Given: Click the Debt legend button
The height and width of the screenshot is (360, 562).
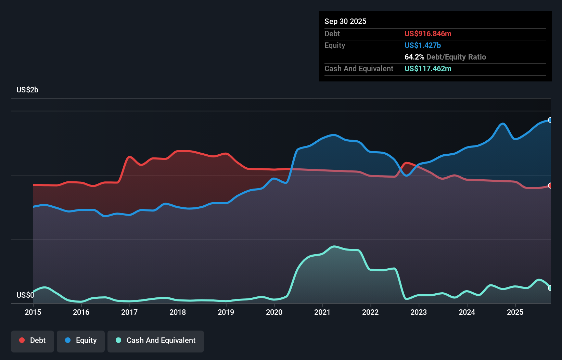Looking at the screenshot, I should click(x=33, y=340).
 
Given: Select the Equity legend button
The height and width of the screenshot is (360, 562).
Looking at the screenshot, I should click(x=81, y=340).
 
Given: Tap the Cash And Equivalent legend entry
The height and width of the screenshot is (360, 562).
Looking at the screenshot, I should click(x=156, y=340).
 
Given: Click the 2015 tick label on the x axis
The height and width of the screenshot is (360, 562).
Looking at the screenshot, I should click(x=33, y=312).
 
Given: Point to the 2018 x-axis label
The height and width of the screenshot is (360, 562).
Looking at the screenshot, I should click(x=178, y=312).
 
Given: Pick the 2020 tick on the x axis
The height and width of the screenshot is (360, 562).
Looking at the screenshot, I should click(x=274, y=312).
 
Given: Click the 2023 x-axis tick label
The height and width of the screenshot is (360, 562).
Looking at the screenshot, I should click(x=419, y=312).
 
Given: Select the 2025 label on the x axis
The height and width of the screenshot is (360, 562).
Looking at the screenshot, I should click(x=515, y=312).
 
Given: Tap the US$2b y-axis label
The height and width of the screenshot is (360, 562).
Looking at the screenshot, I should click(x=27, y=90).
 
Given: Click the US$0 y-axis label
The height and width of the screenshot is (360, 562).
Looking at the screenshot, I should click(x=25, y=295).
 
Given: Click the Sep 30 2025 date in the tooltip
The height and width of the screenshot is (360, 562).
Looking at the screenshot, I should click(x=345, y=21).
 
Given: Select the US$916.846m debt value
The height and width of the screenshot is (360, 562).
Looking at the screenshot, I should click(x=428, y=34).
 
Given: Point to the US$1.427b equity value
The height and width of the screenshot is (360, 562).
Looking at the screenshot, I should click(x=422, y=45).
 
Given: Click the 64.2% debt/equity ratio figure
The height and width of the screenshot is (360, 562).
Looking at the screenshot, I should click(x=414, y=57).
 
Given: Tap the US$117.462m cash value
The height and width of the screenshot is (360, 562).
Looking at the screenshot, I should click(x=428, y=68).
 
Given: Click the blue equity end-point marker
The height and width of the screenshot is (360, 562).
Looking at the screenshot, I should click(x=550, y=120).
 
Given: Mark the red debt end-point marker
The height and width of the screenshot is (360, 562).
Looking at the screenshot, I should click(x=550, y=185).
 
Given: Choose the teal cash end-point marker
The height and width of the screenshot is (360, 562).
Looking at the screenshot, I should click(x=550, y=288).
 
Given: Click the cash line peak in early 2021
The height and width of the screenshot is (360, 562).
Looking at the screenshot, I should click(x=334, y=246).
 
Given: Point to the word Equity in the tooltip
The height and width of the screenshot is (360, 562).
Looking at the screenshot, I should click(x=335, y=45).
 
